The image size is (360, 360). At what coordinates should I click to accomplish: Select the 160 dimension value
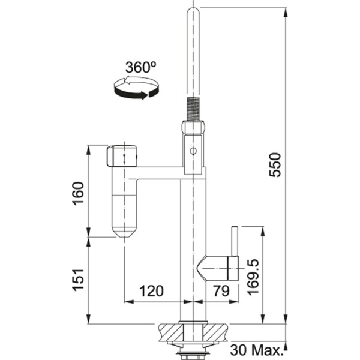[79, 192]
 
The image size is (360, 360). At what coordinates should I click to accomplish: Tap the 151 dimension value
[79, 280]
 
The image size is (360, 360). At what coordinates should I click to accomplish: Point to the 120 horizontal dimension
[151, 291]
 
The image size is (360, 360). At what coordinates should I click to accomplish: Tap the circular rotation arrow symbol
[136, 90]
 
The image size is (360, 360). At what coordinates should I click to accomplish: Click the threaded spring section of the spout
[192, 108]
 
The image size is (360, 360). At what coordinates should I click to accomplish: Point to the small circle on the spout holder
[193, 151]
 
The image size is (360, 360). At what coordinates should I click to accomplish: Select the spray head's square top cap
[122, 157]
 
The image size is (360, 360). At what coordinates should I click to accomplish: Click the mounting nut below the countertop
[192, 346]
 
